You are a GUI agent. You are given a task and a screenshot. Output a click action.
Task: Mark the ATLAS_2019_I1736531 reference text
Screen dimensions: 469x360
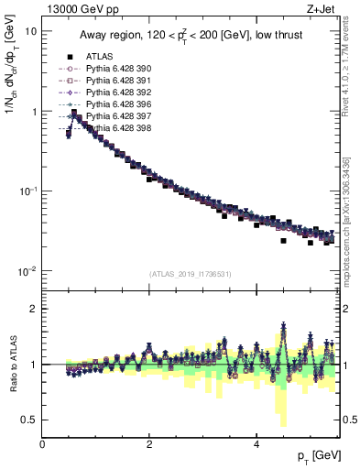pyautogui.click(x=190, y=273)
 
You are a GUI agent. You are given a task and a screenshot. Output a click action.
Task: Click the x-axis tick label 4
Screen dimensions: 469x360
pyautogui.click(x=256, y=443)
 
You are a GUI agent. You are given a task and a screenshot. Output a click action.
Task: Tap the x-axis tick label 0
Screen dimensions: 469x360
pyautogui.click(x=43, y=443)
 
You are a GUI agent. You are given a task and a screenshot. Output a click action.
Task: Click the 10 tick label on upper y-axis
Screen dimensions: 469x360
pyautogui.click(x=30, y=30)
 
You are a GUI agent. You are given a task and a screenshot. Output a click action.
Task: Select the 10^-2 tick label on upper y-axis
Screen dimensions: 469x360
pyautogui.click(x=27, y=271)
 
